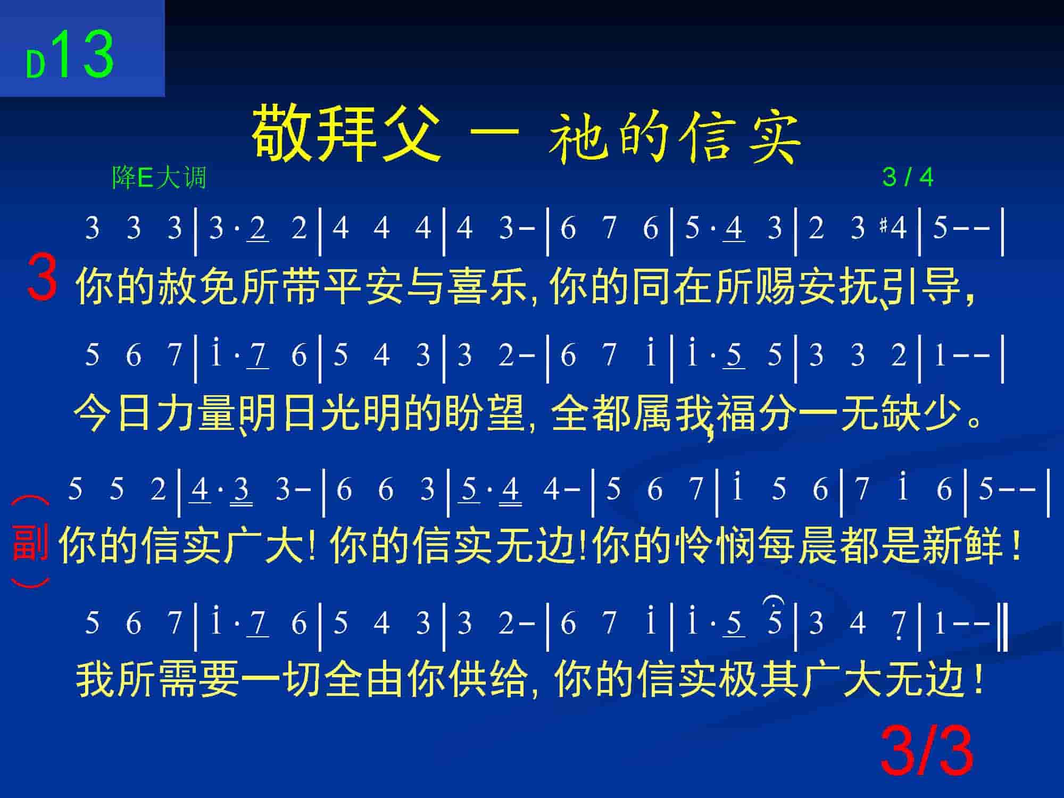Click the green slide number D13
pyautogui.click(x=70, y=55)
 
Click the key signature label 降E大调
pyautogui.click(x=159, y=177)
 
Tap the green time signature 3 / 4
pyautogui.click(x=908, y=177)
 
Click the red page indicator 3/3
pyautogui.click(x=926, y=752)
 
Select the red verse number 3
pyautogui.click(x=42, y=277)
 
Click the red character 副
pyautogui.click(x=30, y=542)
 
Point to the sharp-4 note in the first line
pyautogui.click(x=893, y=228)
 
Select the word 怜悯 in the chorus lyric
pyautogui.click(x=715, y=546)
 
